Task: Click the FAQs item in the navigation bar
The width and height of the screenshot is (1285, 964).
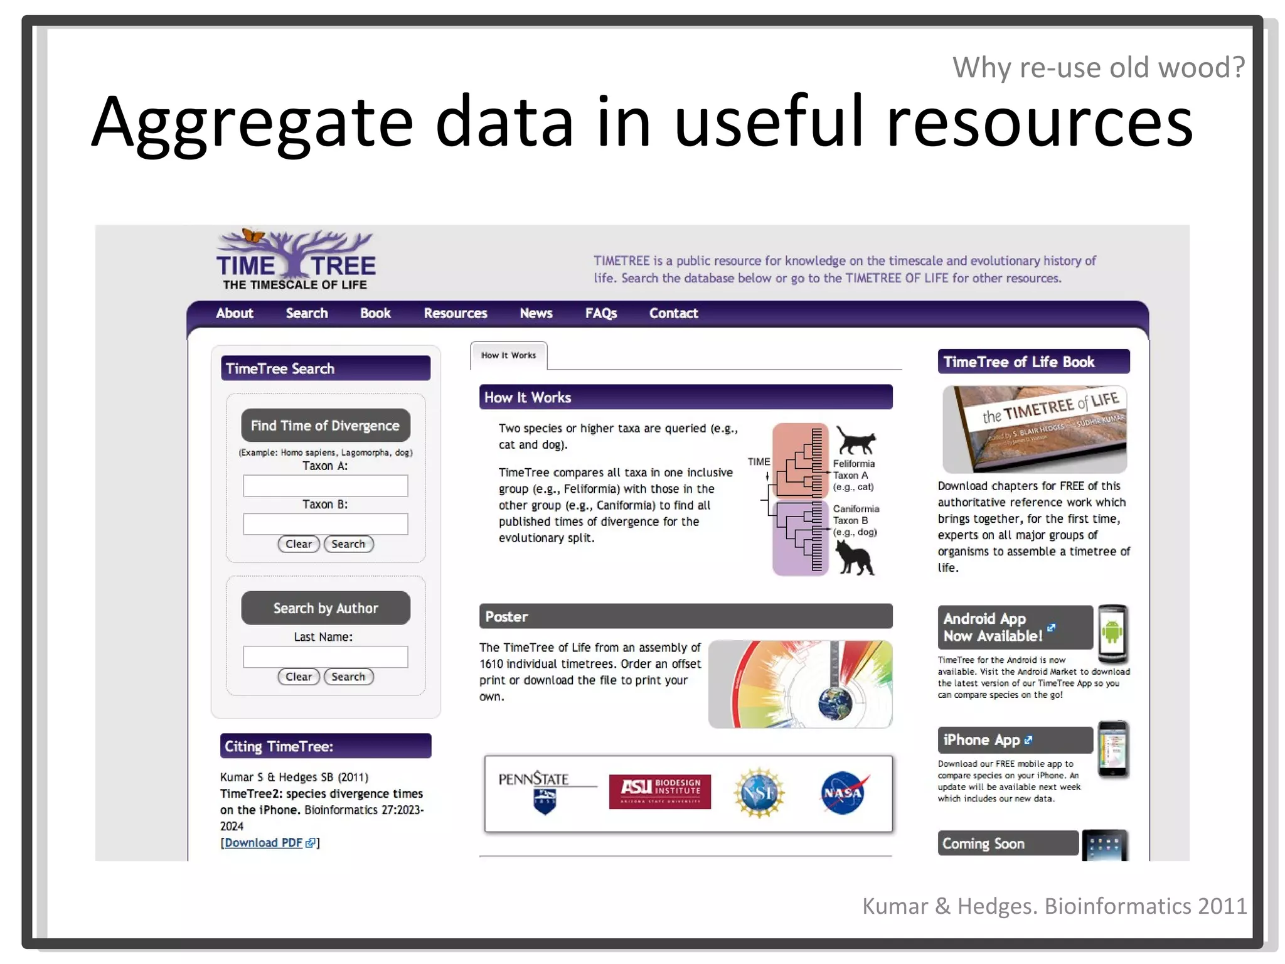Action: tap(600, 313)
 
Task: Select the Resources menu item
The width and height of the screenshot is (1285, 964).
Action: tap(455, 313)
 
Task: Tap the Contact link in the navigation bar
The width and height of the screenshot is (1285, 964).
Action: tap(673, 313)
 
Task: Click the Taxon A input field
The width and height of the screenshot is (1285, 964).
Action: tap(325, 486)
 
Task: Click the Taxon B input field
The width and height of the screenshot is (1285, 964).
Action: tap(325, 524)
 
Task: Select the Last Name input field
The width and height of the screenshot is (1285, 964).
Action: tap(325, 656)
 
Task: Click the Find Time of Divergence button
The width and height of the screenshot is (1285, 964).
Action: tap(325, 426)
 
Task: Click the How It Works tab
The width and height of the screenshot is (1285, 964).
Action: tap(508, 355)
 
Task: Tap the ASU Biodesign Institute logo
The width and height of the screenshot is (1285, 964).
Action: tap(659, 791)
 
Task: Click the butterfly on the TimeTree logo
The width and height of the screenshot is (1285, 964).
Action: tap(253, 235)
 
